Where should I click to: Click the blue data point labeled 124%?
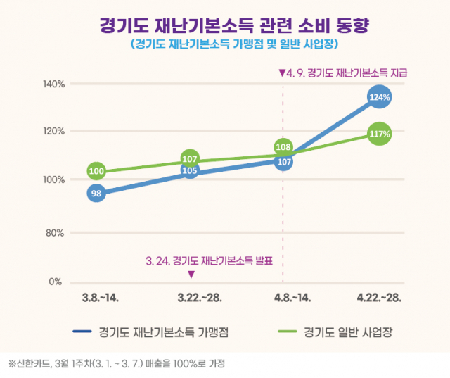[379, 97]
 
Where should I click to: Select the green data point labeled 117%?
[379, 134]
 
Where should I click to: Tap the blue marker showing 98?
[96, 193]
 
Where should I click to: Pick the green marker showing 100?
[96, 171]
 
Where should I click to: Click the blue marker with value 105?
[190, 170]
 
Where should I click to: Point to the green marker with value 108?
[283, 147]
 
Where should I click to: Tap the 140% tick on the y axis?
[54, 84]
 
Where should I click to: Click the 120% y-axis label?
[54, 132]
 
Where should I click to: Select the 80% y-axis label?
[56, 232]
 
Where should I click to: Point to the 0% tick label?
[58, 282]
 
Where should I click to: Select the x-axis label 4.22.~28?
[379, 298]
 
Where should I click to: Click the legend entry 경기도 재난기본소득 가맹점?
[166, 331]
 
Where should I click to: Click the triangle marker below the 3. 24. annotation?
[191, 275]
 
